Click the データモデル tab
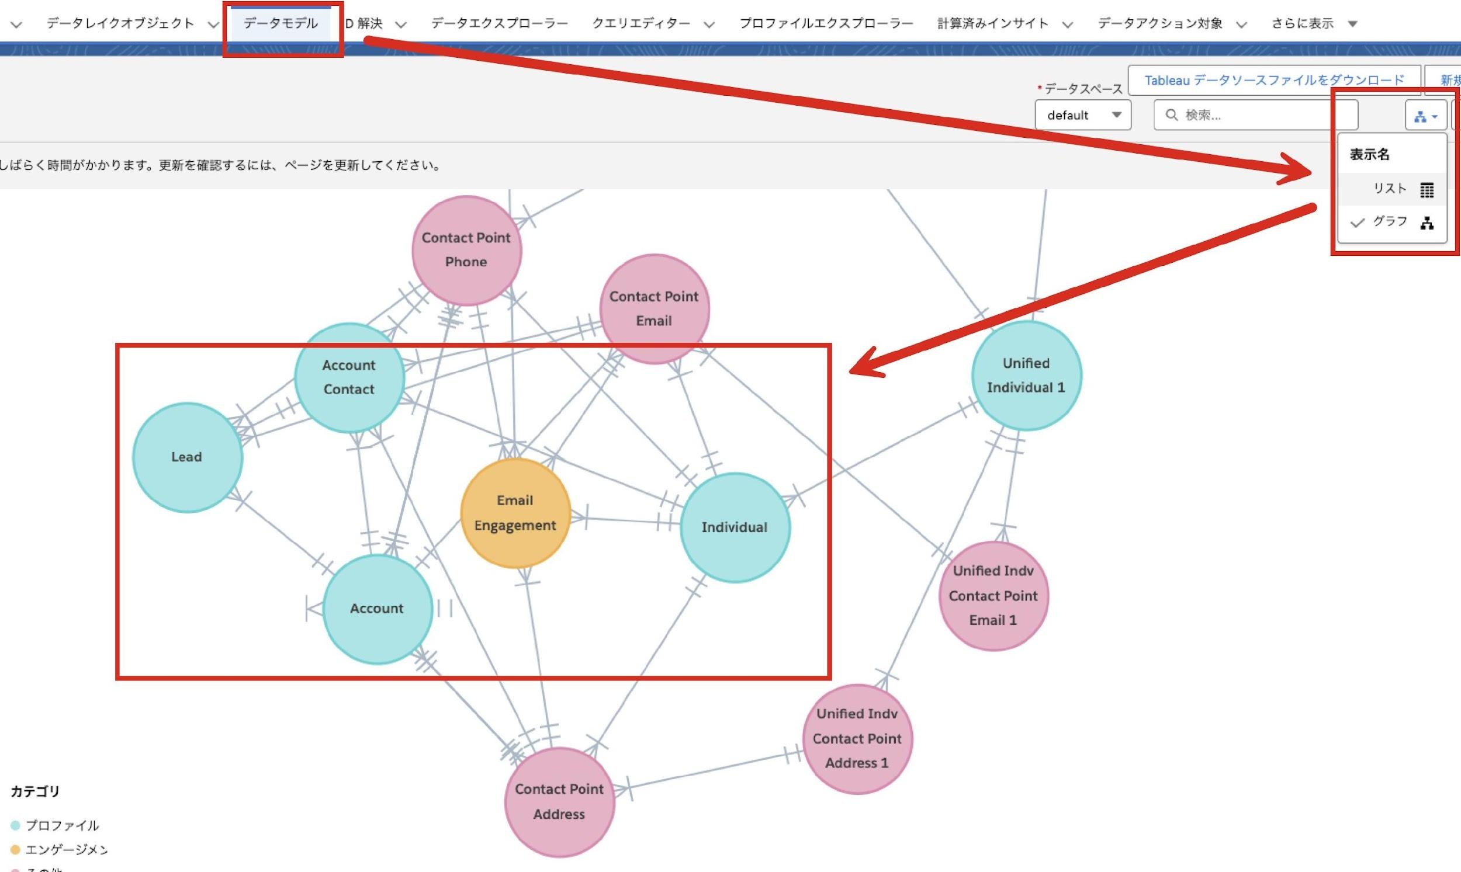(x=281, y=23)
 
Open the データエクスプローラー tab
(x=499, y=23)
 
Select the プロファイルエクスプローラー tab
(x=825, y=23)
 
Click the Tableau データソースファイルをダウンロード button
(x=1274, y=80)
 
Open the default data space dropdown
(x=1083, y=115)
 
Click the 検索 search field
(x=1255, y=115)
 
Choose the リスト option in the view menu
(x=1391, y=189)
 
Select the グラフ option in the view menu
(x=1391, y=222)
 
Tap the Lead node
(x=187, y=457)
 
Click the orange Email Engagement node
(x=515, y=513)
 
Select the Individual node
(x=735, y=527)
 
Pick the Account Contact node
(x=349, y=377)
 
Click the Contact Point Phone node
(x=466, y=251)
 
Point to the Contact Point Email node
(x=654, y=308)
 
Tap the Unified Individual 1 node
(x=1026, y=376)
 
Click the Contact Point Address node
(x=559, y=801)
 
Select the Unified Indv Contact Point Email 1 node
(x=993, y=595)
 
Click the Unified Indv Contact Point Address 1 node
(x=857, y=739)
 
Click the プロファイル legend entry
(x=61, y=826)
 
